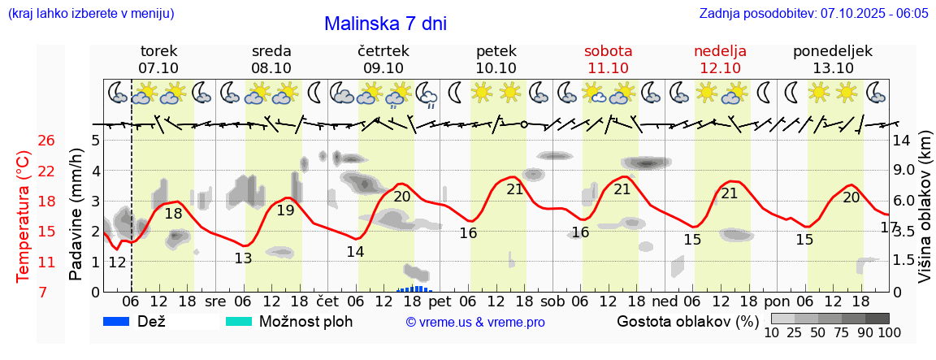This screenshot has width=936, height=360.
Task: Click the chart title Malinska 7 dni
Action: click(x=385, y=24)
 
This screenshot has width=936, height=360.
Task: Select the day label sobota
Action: click(x=608, y=51)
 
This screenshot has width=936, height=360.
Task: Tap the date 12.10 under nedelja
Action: click(x=720, y=68)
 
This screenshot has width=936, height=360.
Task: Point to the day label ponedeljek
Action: click(x=833, y=51)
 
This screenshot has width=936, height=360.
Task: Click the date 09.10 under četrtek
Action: click(x=383, y=68)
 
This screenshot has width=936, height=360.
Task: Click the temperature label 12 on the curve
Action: click(x=117, y=262)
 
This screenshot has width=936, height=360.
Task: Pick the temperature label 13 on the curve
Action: click(x=243, y=258)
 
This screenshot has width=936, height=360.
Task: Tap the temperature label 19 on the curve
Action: click(x=285, y=210)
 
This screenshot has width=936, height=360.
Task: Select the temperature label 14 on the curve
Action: click(x=355, y=252)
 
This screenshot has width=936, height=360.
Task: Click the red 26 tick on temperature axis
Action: click(x=46, y=141)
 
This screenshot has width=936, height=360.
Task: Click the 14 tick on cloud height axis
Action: click(x=902, y=141)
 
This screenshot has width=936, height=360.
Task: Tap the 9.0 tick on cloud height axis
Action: click(x=905, y=171)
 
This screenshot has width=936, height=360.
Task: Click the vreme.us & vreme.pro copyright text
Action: click(x=475, y=322)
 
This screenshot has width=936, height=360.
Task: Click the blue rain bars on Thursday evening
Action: click(x=415, y=288)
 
